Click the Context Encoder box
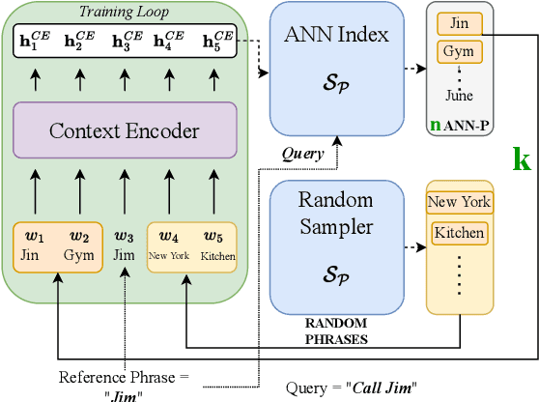click(x=125, y=130)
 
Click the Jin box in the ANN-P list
click(x=458, y=22)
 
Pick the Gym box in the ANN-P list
click(x=458, y=51)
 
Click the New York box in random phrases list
click(x=459, y=203)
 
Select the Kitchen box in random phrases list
click(x=459, y=233)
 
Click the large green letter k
click(x=522, y=158)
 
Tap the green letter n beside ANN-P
click(x=435, y=126)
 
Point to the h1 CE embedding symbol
click(x=37, y=43)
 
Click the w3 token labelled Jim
click(x=124, y=245)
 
